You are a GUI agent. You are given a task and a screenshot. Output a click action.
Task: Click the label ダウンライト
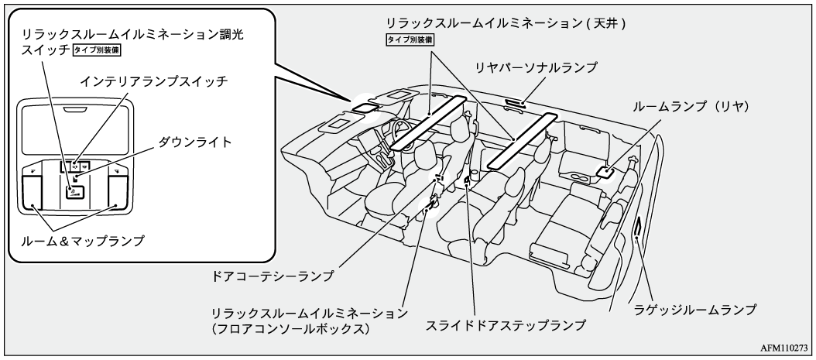coord(195,142)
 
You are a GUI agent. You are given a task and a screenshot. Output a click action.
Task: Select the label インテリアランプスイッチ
coord(157,81)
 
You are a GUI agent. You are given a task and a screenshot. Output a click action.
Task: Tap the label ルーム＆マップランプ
coord(83,241)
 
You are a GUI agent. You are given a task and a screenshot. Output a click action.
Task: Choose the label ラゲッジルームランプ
coord(694,309)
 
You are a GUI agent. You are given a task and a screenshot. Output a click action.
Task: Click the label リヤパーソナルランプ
coord(537,68)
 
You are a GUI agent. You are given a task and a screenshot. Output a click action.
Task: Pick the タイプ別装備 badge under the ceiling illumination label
coord(410,39)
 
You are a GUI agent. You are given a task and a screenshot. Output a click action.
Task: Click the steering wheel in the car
coord(401,128)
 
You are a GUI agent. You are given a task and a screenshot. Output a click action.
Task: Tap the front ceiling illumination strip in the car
coord(428,122)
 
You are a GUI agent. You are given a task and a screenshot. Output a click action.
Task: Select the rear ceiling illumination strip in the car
coord(523,139)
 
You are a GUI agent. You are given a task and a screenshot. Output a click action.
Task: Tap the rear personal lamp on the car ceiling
coord(514,103)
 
